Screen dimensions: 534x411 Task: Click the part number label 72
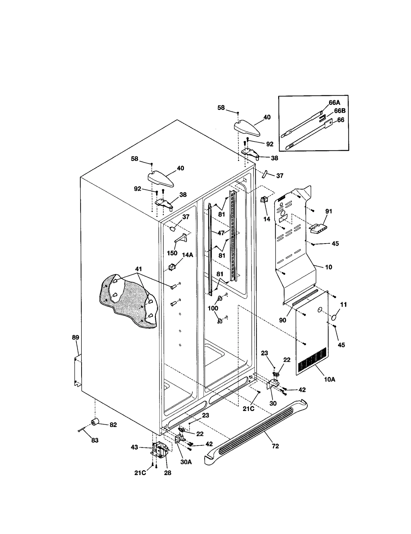click(275, 446)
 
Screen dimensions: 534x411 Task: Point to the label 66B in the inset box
click(340, 111)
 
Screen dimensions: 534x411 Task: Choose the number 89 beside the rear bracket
click(76, 337)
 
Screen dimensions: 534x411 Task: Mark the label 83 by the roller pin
click(95, 440)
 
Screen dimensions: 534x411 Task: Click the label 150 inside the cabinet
click(172, 253)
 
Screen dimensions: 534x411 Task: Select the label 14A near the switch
click(188, 255)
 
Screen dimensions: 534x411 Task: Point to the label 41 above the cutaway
click(138, 269)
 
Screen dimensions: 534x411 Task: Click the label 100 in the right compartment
click(213, 308)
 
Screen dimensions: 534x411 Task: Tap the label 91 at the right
click(329, 211)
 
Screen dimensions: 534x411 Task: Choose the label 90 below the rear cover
click(283, 320)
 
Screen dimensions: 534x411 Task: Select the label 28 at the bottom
click(167, 473)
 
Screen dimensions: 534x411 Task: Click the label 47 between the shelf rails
click(221, 233)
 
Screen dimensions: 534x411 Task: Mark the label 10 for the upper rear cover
click(329, 267)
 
